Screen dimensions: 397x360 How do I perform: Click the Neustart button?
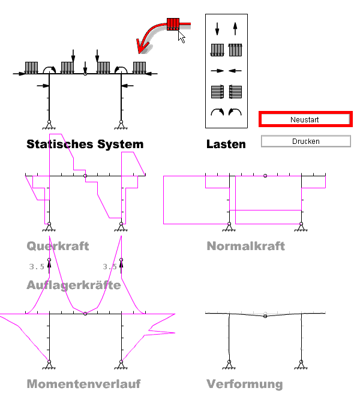pos(304,119)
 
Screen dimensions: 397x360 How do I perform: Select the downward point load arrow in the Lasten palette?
pos(217,28)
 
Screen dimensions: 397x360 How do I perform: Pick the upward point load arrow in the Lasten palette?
pos(235,28)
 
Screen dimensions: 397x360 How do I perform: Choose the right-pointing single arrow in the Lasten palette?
pos(217,71)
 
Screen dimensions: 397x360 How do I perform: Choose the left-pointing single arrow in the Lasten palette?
pos(235,71)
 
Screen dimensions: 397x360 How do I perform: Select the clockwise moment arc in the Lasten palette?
pos(217,112)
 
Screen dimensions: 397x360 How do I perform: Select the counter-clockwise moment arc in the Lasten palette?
pos(235,112)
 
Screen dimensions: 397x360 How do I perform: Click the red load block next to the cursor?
pos(173,25)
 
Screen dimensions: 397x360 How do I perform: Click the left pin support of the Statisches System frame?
pos(49,125)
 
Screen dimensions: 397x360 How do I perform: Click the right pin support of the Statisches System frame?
pos(121,125)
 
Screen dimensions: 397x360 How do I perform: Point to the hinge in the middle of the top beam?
pos(85,74)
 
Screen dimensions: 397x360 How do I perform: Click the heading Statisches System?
pos(85,145)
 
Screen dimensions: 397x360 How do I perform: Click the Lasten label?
pos(226,145)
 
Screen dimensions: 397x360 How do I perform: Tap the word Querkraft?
pos(58,246)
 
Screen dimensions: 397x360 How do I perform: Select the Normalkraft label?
pos(245,246)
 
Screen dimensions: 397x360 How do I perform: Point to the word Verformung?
pos(244,384)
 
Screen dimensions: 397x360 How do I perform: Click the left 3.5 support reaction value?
pos(36,267)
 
